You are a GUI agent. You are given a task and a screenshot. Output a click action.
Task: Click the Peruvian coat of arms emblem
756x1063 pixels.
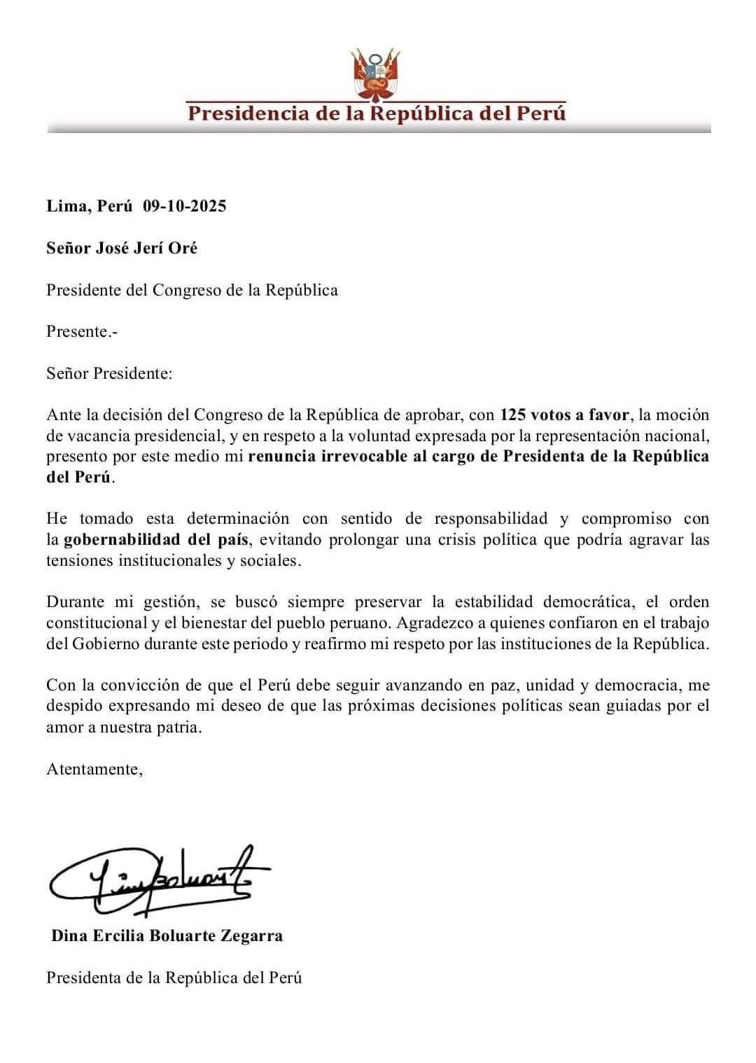377,74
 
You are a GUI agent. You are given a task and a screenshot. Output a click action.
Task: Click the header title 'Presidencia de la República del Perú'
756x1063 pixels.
377,113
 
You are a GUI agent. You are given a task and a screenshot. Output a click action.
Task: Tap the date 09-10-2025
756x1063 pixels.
185,206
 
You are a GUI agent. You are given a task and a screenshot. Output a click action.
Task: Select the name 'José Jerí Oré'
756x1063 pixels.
146,248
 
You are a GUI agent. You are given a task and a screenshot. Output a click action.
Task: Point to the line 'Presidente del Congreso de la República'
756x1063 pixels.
192,290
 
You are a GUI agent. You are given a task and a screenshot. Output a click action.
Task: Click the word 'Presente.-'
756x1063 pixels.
82,331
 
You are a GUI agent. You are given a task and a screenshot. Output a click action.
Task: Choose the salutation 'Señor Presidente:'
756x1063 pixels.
109,373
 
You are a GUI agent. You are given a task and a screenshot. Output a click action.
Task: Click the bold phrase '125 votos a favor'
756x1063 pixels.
564,415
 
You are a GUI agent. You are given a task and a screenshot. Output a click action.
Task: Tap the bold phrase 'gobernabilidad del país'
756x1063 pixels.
153,540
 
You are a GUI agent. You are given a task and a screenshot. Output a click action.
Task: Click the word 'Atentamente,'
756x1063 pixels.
94,769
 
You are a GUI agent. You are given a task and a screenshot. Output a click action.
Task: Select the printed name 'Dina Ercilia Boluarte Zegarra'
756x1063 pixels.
167,936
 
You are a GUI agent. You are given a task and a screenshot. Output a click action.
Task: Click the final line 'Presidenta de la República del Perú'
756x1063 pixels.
174,978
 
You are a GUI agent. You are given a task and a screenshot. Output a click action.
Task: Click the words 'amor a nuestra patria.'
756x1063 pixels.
124,727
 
